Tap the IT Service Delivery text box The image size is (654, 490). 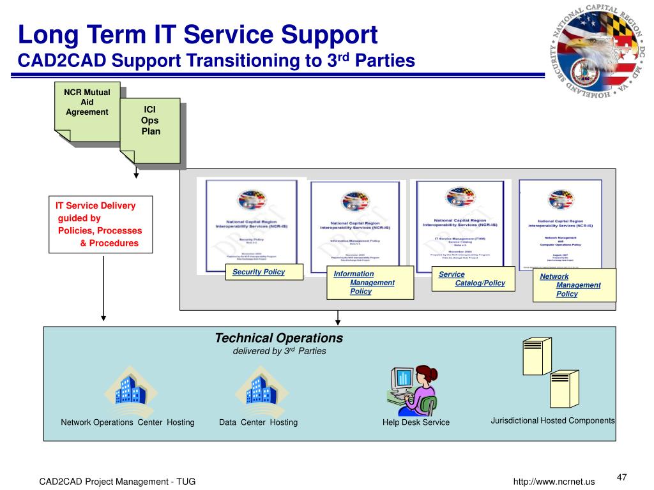(101, 225)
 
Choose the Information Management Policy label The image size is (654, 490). (369, 283)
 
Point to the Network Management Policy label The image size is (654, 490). (574, 285)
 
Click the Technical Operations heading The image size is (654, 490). (278, 338)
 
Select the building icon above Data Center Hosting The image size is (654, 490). (260, 390)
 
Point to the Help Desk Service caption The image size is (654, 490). (416, 422)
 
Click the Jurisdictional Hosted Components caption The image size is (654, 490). (552, 420)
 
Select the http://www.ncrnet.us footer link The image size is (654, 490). (554, 482)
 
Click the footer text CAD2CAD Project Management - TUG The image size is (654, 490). (118, 482)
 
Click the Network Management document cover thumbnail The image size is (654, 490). (560, 223)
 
